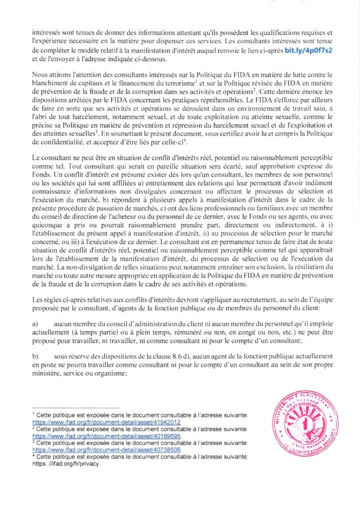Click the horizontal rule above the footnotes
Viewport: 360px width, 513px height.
click(75, 408)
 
